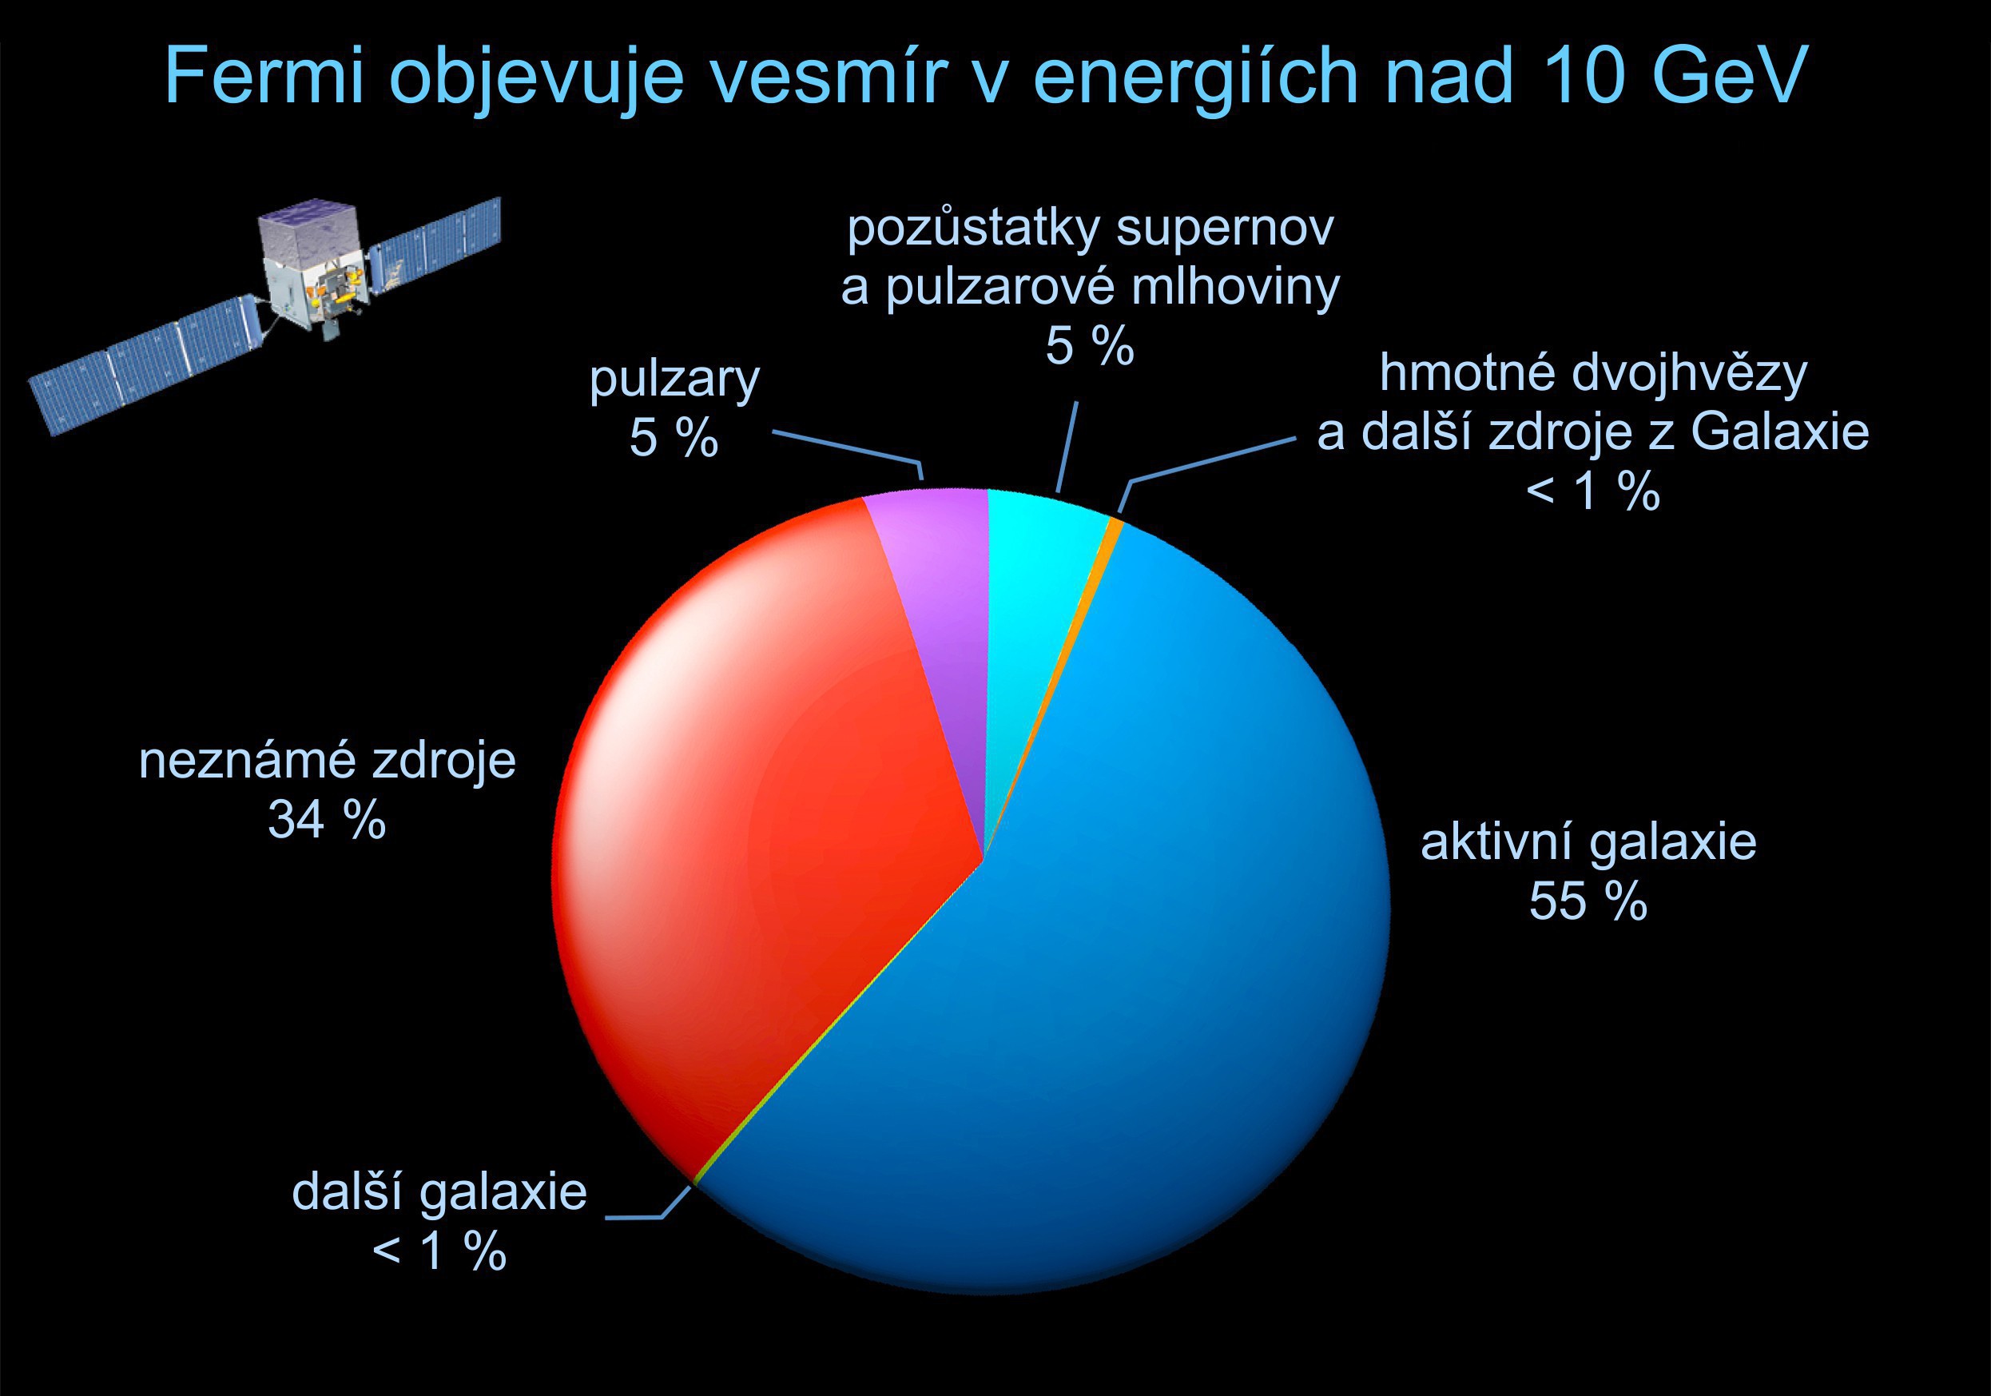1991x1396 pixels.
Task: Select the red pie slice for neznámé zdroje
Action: click(763, 824)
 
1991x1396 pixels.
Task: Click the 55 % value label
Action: click(1588, 901)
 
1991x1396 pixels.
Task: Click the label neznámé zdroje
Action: click(328, 761)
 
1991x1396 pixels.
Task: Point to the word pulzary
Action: click(674, 380)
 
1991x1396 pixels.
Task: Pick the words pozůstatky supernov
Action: click(1090, 229)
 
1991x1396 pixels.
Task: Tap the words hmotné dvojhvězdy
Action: click(1594, 374)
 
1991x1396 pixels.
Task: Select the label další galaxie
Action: click(439, 1193)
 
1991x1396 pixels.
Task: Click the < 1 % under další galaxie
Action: click(439, 1251)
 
